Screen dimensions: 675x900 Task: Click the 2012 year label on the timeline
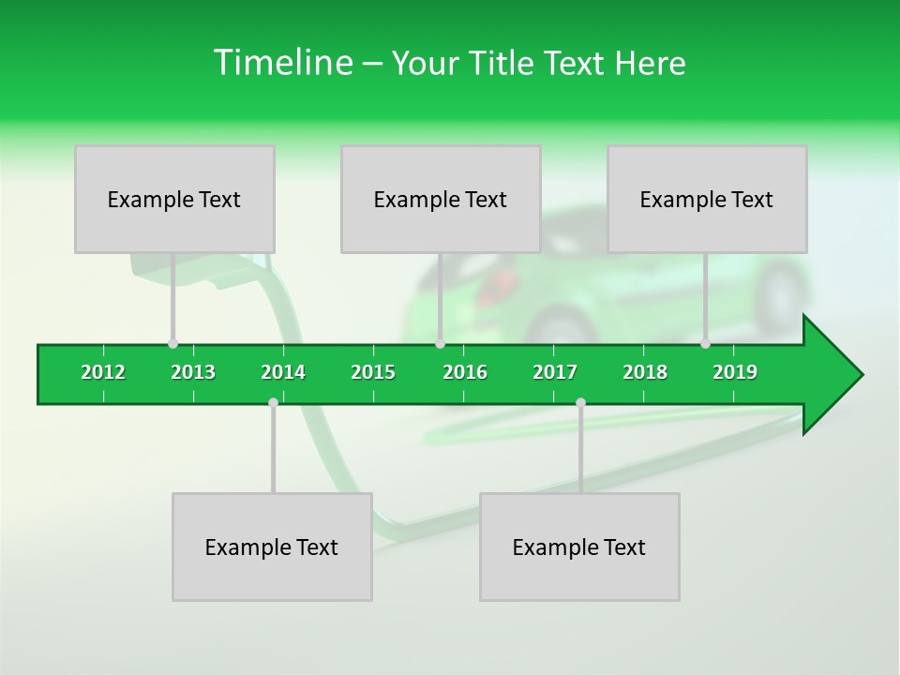(x=103, y=373)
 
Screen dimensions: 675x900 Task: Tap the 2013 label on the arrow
(x=193, y=373)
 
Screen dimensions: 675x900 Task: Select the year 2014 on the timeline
(x=283, y=373)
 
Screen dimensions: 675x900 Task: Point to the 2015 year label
(x=373, y=373)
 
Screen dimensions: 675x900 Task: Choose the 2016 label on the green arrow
(x=465, y=373)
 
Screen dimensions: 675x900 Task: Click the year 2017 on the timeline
(x=555, y=373)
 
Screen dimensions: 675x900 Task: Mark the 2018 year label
(x=645, y=373)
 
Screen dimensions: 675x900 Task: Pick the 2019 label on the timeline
(x=735, y=373)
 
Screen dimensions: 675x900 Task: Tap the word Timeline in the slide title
(x=281, y=63)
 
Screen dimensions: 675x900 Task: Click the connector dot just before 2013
(x=172, y=344)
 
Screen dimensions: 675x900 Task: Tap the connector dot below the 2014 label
(x=273, y=403)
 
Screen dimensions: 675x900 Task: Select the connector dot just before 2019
(x=705, y=344)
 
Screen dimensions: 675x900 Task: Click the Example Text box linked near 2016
(x=441, y=199)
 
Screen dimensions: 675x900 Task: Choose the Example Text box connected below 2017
(x=579, y=547)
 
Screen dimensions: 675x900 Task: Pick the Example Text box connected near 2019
(x=707, y=199)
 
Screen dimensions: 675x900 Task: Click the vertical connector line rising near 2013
(x=172, y=298)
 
